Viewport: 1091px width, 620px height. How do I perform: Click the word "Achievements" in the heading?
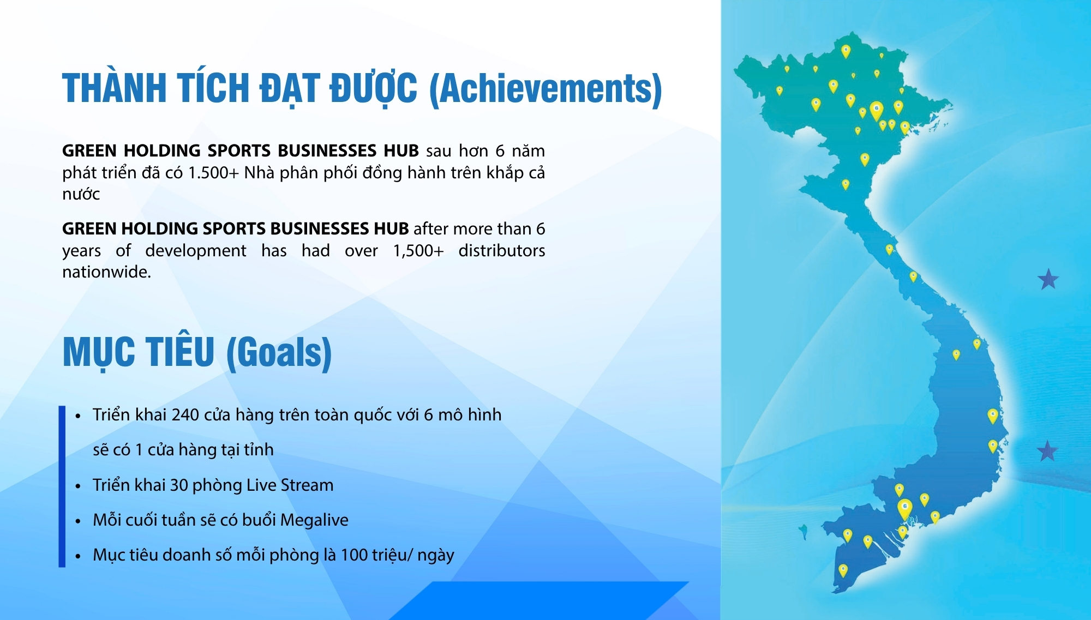tap(546, 89)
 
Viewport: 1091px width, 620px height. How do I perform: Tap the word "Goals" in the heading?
tap(279, 353)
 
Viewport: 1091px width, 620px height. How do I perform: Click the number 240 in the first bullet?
tap(185, 415)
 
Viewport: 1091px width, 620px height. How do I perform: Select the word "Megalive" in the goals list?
tap(314, 520)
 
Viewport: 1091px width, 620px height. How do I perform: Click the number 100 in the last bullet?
tap(355, 555)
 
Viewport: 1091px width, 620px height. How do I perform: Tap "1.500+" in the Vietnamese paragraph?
tap(213, 173)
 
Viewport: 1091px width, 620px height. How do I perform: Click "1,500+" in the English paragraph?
tap(418, 251)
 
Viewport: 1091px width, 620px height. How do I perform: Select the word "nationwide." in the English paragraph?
tap(106, 272)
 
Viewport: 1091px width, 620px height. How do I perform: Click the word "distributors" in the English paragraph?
tap(502, 251)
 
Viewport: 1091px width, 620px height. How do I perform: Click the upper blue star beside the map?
tap(1048, 279)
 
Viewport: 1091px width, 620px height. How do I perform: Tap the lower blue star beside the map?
tap(1047, 451)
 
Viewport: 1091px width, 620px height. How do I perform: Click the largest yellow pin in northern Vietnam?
tap(877, 110)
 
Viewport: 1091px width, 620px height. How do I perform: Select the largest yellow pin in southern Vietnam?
tap(905, 509)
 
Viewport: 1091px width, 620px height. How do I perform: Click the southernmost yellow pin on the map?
tap(843, 570)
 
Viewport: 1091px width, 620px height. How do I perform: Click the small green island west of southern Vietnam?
tap(804, 531)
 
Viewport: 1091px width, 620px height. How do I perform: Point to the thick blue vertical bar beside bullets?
tap(62, 486)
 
